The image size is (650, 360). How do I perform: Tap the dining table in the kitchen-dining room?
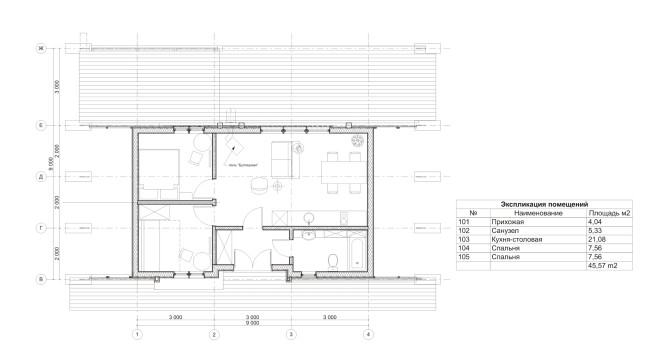337,162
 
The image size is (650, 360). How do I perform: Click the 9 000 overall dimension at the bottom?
251,323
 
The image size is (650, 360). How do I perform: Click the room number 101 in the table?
463,221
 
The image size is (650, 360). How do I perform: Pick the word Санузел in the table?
505,230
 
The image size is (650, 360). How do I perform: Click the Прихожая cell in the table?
507,221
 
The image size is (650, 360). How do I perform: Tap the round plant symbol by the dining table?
358,140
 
